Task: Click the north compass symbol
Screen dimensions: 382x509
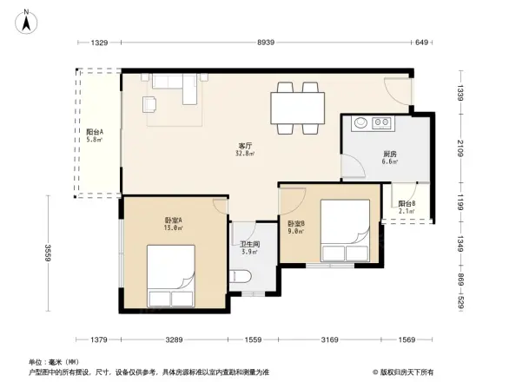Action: [28, 20]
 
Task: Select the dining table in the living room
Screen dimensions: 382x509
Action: [297, 109]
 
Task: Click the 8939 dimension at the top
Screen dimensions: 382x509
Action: [266, 43]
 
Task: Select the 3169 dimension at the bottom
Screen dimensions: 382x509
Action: [329, 339]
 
